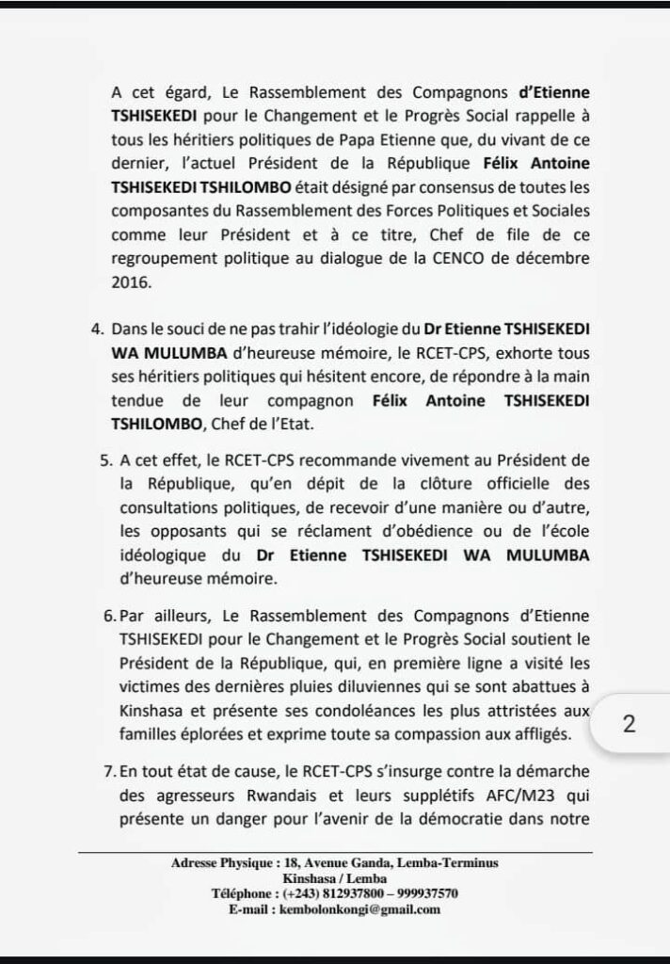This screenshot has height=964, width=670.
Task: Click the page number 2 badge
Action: pyautogui.click(x=630, y=726)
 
